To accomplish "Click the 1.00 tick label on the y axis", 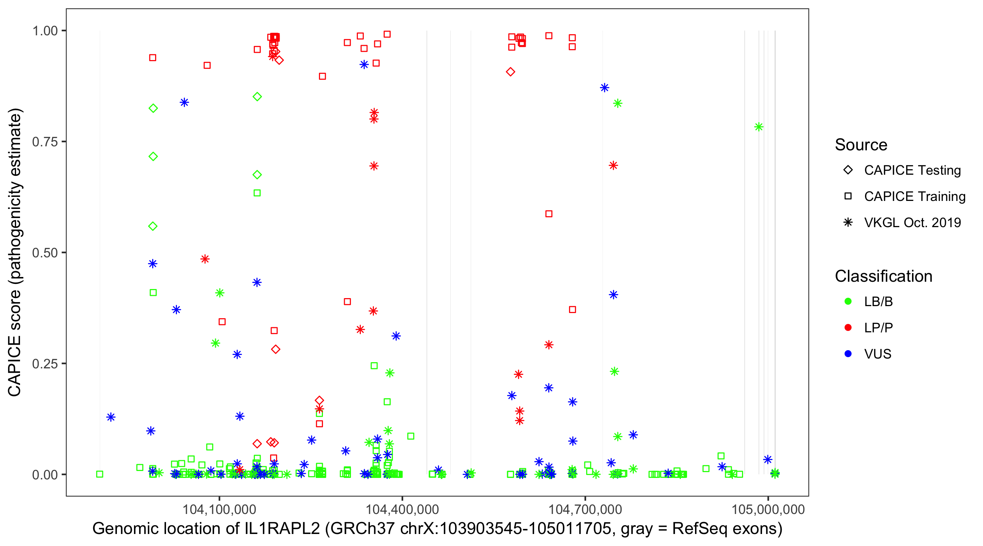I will click(x=44, y=31).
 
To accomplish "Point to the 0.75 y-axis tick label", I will click(x=44, y=142).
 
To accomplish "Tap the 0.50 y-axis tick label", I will click(x=44, y=253).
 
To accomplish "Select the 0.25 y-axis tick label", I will click(x=44, y=364).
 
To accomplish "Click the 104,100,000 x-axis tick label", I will click(x=219, y=509).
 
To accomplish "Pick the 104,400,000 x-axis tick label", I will click(x=402, y=509).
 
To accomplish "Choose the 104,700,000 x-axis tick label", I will click(x=585, y=509).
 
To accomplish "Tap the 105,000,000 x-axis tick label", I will click(x=768, y=509).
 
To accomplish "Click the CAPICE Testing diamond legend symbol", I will click(x=848, y=170).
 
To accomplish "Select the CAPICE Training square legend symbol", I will click(x=848, y=196).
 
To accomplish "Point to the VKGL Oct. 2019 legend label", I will click(x=912, y=222).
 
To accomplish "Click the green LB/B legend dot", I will click(x=848, y=301).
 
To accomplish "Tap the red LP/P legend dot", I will click(x=848, y=328).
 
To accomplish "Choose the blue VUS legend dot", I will click(x=848, y=354).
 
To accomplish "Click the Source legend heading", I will click(x=861, y=145).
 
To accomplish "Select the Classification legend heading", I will click(x=883, y=276).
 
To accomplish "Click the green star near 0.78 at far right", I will click(x=759, y=127).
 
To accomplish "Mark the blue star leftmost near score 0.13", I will click(x=111, y=417).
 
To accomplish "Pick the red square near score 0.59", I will click(x=549, y=214).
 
